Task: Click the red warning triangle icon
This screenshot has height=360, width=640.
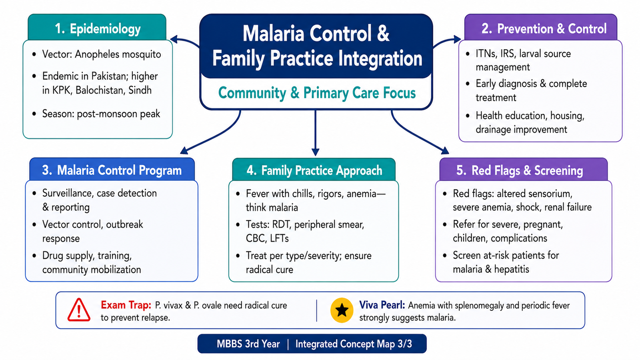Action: coord(79,310)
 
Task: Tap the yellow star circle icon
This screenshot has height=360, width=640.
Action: coord(342,310)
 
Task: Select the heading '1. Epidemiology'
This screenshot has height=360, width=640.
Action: coord(98,29)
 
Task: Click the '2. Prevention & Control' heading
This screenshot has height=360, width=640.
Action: coord(544,28)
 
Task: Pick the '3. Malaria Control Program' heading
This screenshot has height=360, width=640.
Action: coord(112,170)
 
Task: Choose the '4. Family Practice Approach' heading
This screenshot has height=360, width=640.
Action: coord(314,170)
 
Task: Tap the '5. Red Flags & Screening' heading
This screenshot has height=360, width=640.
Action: coord(520,170)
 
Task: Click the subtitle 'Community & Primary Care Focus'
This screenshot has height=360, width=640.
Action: coord(317,93)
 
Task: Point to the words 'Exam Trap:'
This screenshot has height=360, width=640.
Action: coord(126,305)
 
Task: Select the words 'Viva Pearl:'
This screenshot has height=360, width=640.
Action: coord(382,305)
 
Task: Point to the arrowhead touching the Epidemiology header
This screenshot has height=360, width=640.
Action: coord(174,40)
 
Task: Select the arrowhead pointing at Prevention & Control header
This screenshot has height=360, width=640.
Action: coord(457,39)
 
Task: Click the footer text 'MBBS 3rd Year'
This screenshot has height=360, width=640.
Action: coord(248,344)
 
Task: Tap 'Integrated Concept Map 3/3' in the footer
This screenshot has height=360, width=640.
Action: coord(354,344)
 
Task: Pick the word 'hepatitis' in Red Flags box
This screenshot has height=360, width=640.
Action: coord(512,269)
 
